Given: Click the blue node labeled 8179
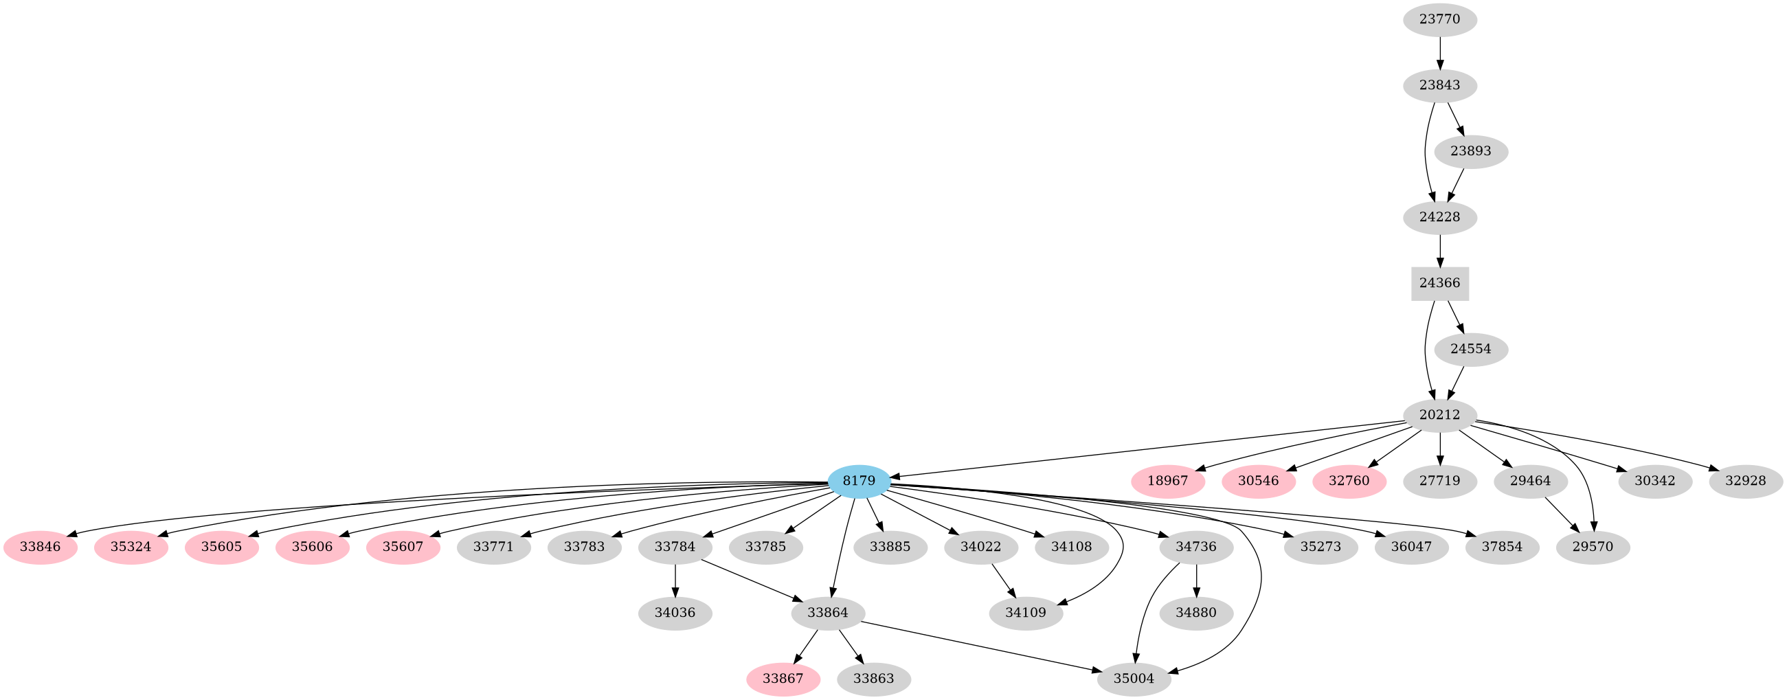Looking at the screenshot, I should pos(859,481).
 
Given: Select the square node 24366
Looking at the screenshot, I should pos(1439,283).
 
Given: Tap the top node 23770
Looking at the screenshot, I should pos(1439,19).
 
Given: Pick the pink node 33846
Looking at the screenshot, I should pos(41,547).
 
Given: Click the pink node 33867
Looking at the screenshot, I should pos(783,679).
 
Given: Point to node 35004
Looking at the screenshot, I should pos(1134,679).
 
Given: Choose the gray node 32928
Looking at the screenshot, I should pos(1745,481).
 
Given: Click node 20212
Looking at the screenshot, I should pos(1439,415).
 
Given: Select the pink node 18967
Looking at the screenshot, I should pos(1167,481).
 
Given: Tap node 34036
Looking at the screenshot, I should pos(675,613).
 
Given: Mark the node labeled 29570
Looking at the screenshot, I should pos(1593,547).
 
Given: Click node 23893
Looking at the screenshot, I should pos(1471,151).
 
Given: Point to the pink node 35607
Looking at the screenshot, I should pos(403,547).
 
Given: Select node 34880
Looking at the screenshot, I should pos(1196,613).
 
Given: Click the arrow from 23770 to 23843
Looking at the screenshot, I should pos(1439,53).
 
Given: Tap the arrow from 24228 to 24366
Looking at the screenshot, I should pos(1439,251).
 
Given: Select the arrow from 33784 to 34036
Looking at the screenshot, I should pos(675,580).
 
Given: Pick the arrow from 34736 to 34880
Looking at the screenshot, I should pos(1196,580).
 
